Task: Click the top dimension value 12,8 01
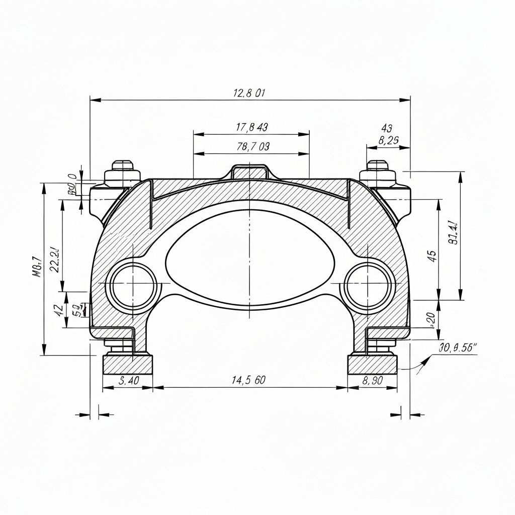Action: (249, 93)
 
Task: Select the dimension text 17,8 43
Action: (251, 127)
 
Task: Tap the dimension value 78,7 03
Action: (252, 147)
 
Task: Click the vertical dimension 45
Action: (432, 255)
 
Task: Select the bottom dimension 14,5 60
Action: (248, 380)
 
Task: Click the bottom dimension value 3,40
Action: (128, 381)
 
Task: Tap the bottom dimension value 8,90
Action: (373, 381)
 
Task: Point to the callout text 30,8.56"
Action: (458, 347)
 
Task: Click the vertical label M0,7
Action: (36, 267)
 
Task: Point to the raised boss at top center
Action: (250, 171)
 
